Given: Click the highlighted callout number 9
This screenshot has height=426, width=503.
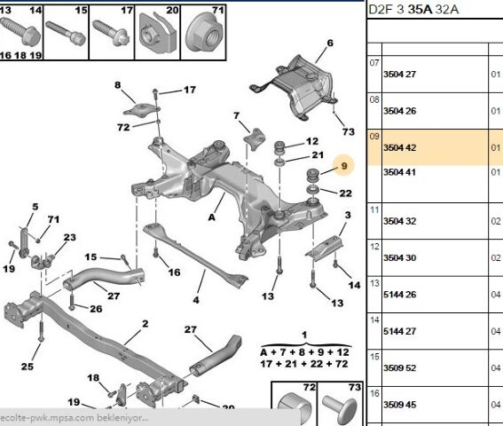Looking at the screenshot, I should [344, 164].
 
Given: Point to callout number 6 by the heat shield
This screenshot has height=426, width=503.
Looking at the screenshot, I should [330, 43].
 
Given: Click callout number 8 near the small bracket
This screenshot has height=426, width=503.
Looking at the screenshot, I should [116, 85].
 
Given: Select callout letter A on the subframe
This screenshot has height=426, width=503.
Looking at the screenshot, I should [213, 215].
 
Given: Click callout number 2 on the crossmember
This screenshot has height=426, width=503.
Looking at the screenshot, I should [130, 336].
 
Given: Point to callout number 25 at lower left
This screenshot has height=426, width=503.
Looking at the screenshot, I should [28, 367].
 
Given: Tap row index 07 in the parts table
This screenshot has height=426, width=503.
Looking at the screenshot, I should [374, 63].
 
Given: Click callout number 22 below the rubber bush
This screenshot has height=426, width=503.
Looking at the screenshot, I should [345, 193].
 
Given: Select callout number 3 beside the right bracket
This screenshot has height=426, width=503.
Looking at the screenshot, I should [348, 216].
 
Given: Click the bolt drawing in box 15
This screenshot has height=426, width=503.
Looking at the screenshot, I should [68, 34].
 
